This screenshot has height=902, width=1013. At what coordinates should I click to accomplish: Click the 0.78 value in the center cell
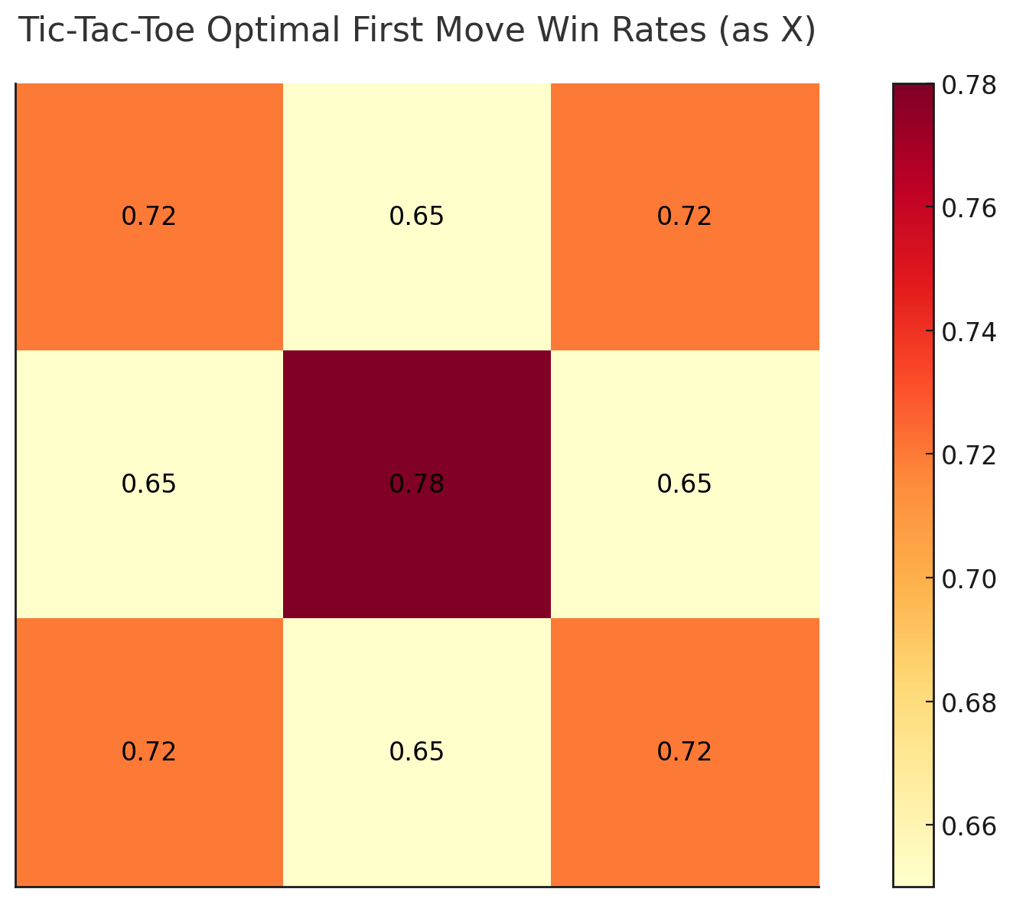(416, 484)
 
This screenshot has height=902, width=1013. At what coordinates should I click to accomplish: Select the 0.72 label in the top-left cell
(148, 217)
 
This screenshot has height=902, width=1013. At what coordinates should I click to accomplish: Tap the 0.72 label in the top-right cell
(684, 217)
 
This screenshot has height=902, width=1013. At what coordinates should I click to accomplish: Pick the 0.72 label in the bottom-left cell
(148, 752)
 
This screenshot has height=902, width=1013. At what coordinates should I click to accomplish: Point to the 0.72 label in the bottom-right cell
(684, 752)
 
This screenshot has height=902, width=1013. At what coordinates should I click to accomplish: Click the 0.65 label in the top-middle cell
(416, 217)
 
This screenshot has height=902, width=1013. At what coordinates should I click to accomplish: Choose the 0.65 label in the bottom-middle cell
(416, 752)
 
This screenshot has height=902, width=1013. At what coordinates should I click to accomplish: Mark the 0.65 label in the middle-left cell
(148, 484)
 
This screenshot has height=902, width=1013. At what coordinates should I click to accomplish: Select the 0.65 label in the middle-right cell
(684, 484)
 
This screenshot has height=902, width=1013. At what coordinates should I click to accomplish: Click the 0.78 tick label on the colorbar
(969, 85)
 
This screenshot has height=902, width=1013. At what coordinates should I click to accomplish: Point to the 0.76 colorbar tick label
(969, 208)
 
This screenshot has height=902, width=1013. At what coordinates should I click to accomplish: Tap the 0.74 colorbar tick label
(969, 332)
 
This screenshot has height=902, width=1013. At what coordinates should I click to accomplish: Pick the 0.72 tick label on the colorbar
(969, 455)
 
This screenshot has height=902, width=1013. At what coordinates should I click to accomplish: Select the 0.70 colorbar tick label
(969, 579)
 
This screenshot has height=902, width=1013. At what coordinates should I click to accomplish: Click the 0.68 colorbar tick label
(969, 702)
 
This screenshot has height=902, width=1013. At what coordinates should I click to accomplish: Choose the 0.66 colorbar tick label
(969, 826)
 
